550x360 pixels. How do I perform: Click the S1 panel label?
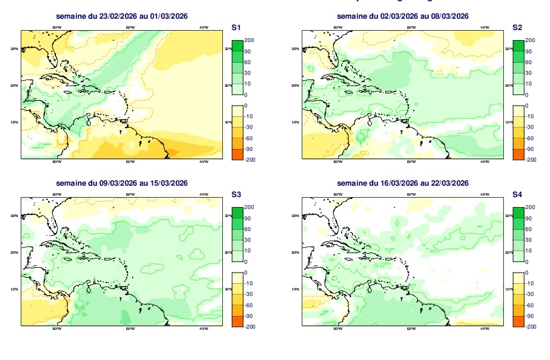pos(235,27)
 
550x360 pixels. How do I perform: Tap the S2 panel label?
pos(517,27)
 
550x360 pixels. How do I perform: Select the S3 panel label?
pos(235,194)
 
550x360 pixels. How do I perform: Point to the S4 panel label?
pos(517,194)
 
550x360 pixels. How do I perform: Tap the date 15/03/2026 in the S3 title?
pos(170,183)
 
